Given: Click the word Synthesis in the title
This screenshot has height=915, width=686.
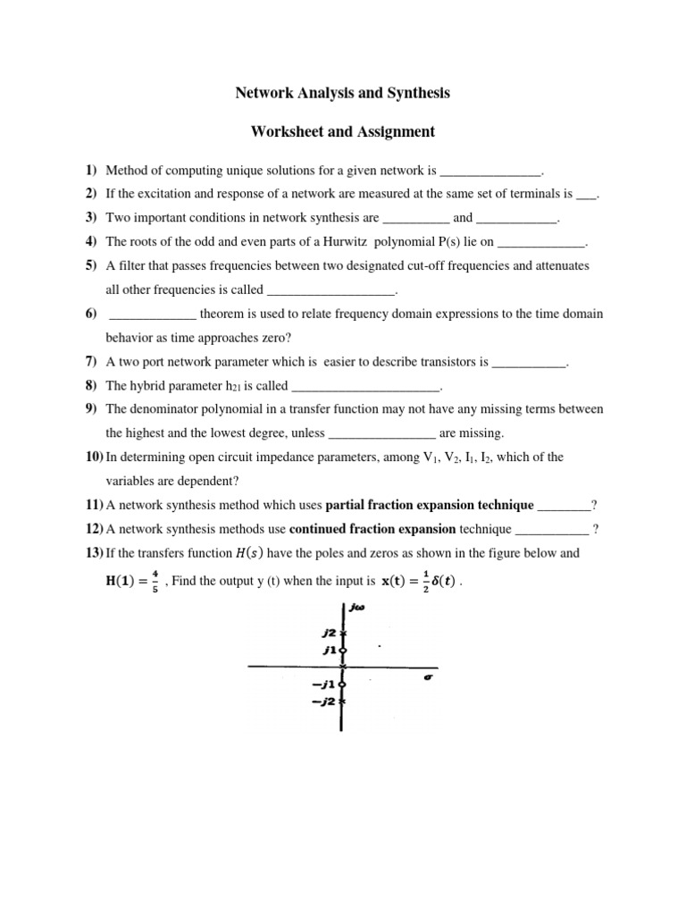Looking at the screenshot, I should coord(416,93).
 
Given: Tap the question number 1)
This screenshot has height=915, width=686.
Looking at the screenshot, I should coord(91,170).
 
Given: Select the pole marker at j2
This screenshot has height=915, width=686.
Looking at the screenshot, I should coord(343,633).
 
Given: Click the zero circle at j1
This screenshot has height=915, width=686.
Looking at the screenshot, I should coord(343,650).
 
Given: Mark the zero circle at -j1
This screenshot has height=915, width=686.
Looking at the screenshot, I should coord(343,684).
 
